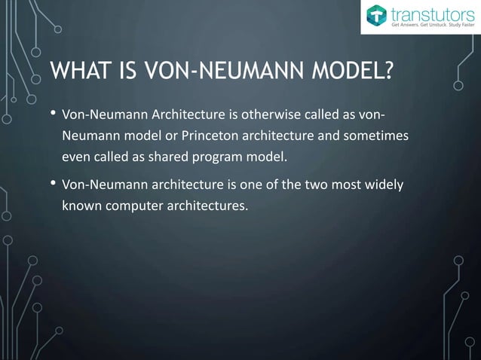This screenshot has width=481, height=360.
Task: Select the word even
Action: (77, 157)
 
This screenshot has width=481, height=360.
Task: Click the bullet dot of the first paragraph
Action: (53, 115)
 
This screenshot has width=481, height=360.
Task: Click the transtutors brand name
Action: (430, 14)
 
